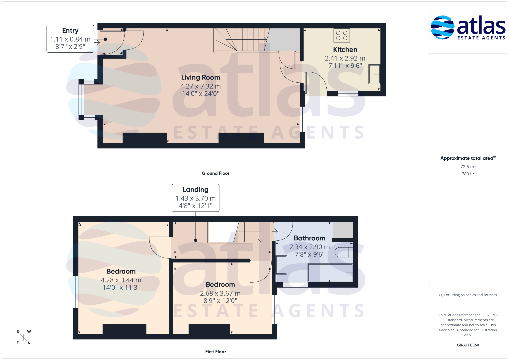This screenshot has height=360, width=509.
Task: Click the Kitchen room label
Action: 345,50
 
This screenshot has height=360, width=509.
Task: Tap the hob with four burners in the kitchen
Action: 342,35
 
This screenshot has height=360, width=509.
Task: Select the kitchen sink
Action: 374,74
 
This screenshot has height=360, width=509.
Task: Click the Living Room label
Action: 200,77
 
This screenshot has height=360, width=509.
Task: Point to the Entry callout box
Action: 70,39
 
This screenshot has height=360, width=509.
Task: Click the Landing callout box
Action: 195,198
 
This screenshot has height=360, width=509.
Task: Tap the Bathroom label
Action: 309,238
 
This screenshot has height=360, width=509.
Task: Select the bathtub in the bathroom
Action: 330,273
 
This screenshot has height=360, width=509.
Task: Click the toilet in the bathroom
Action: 344,252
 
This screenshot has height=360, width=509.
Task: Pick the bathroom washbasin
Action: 281,265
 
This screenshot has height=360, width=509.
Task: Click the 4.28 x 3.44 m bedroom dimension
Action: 121,280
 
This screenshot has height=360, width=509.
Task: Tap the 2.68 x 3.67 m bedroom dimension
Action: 220,293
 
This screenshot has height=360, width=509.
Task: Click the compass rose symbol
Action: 23,337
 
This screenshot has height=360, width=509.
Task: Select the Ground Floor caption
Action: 215,173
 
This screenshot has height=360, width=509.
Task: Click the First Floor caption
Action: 215,352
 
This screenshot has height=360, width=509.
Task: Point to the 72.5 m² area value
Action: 468,166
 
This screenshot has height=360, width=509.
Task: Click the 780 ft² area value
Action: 468,174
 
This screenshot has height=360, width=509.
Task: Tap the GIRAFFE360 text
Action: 468,345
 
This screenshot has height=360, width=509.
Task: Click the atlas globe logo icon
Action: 442,27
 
